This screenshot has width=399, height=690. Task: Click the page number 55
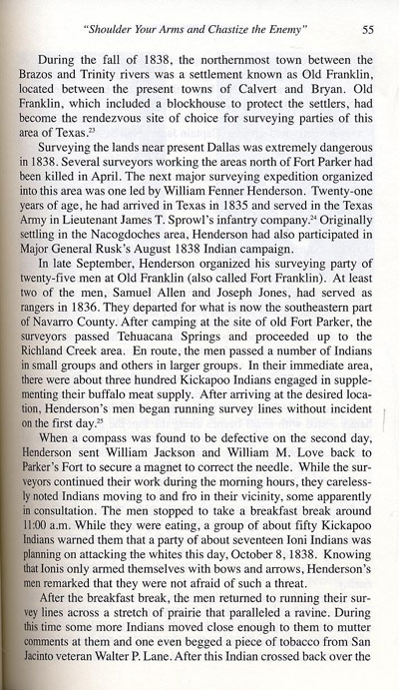tap(366, 30)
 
